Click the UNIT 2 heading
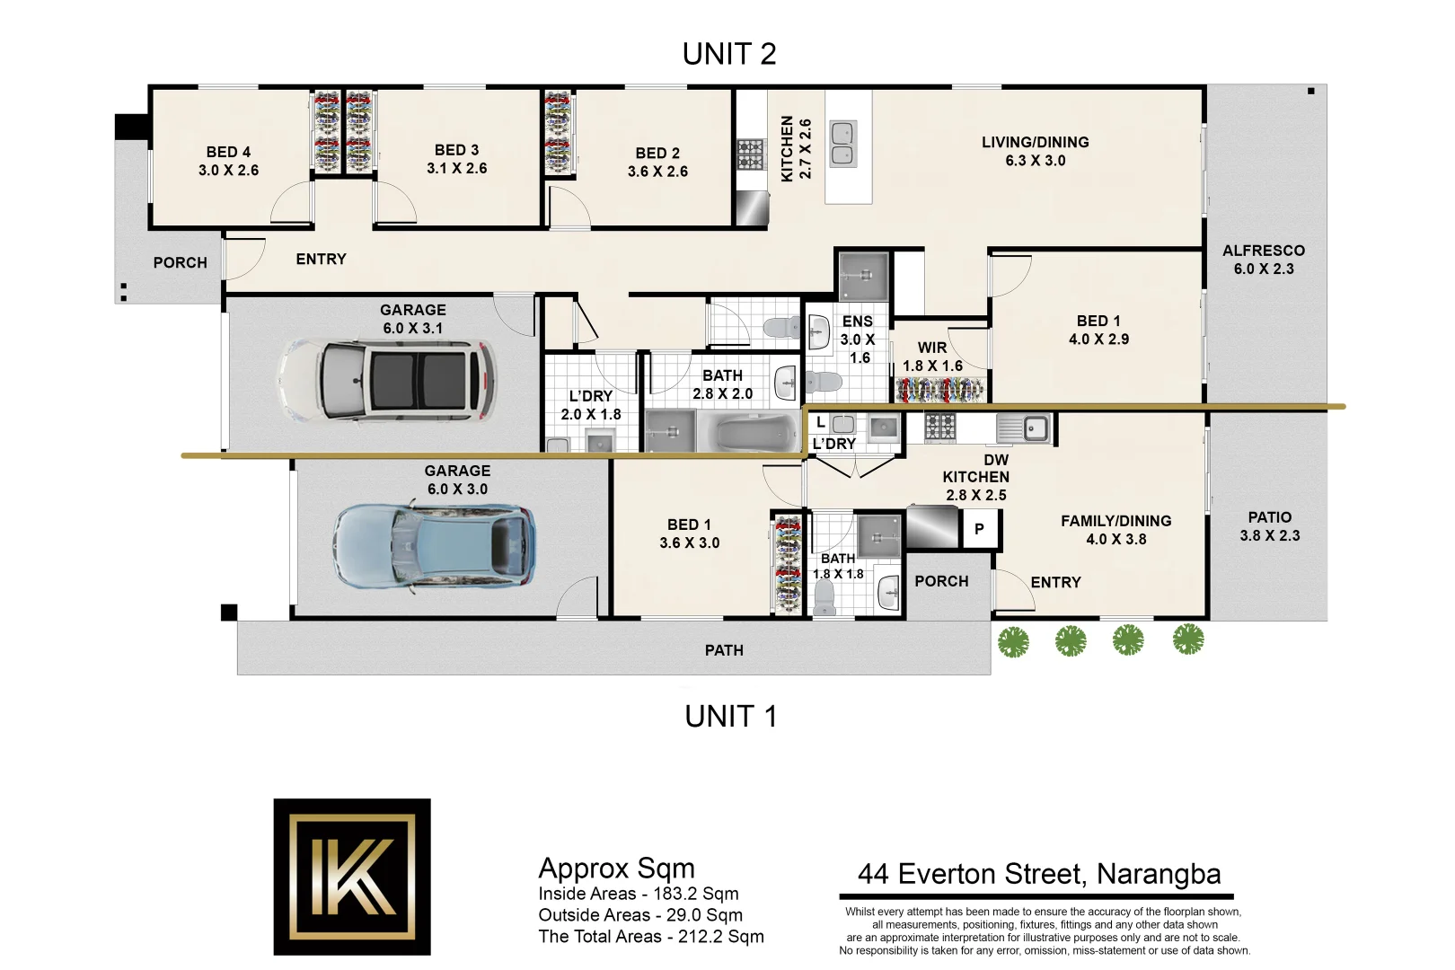(728, 55)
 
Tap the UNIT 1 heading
(730, 717)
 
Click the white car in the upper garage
(386, 379)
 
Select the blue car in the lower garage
(434, 545)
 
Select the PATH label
(724, 650)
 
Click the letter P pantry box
(979, 529)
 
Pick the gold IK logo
(352, 877)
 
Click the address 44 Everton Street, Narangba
(1038, 874)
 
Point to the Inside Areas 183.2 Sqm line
(638, 894)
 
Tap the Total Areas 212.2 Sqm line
(650, 937)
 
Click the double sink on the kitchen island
(842, 144)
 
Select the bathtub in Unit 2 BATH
(757, 433)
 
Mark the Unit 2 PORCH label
(180, 262)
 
